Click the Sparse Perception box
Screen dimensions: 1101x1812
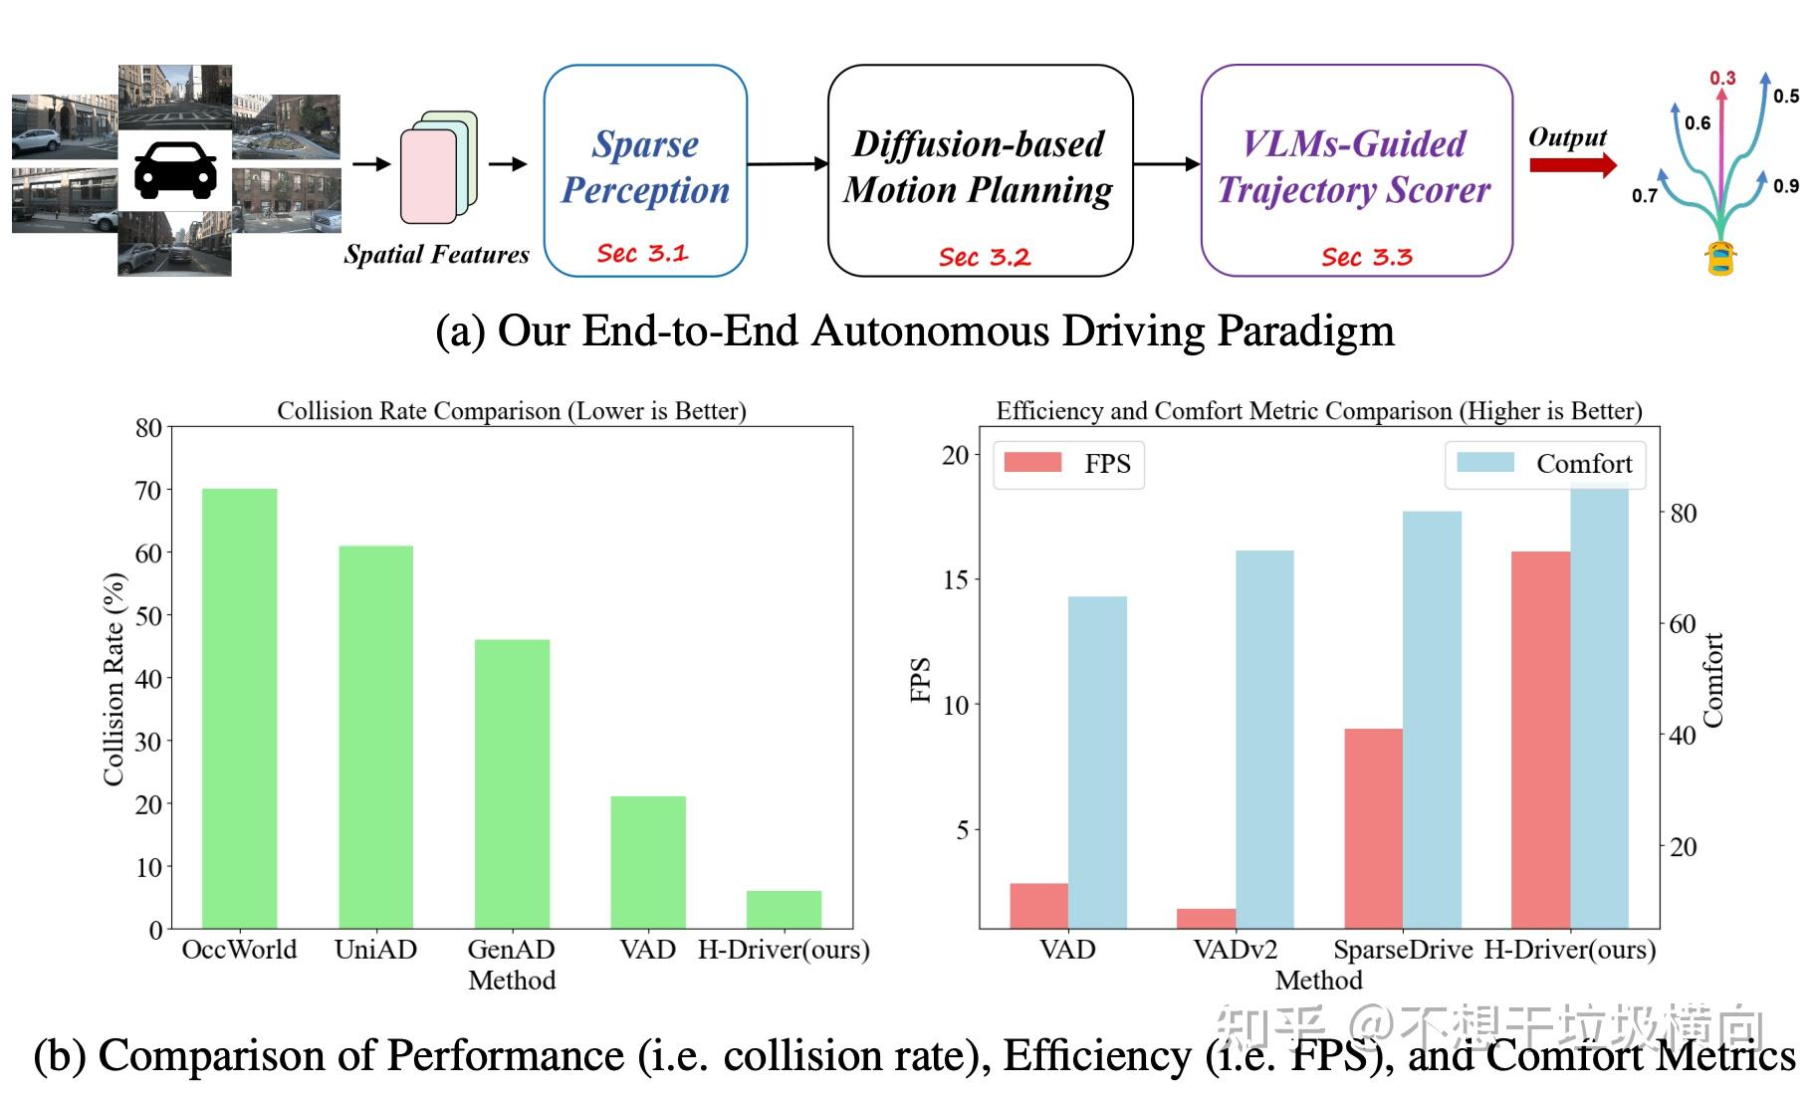tap(645, 170)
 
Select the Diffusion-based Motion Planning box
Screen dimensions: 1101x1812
tap(980, 170)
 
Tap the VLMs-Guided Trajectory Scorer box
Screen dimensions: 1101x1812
tap(1356, 170)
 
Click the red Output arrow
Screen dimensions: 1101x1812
tap(1572, 165)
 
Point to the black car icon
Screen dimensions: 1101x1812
tap(175, 170)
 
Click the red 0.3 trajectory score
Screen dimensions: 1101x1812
tap(1722, 78)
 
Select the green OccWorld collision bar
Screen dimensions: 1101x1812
tap(239, 709)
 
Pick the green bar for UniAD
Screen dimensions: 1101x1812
tap(375, 737)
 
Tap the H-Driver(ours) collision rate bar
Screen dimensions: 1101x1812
tap(784, 910)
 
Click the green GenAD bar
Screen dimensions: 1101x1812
tap(512, 784)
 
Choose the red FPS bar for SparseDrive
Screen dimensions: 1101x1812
tap(1373, 828)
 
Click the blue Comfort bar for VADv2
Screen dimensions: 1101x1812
tap(1264, 739)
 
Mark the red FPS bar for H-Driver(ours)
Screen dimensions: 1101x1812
tap(1540, 740)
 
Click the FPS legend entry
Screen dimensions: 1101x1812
tap(1068, 464)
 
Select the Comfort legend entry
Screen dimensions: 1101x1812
tap(1545, 464)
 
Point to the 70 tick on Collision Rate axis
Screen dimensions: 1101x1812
tap(148, 490)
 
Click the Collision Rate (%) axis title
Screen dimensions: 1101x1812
tap(114, 679)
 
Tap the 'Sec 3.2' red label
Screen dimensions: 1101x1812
tap(984, 258)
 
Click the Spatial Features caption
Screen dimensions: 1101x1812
tap(436, 255)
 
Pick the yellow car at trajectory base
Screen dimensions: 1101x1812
tap(1720, 258)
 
